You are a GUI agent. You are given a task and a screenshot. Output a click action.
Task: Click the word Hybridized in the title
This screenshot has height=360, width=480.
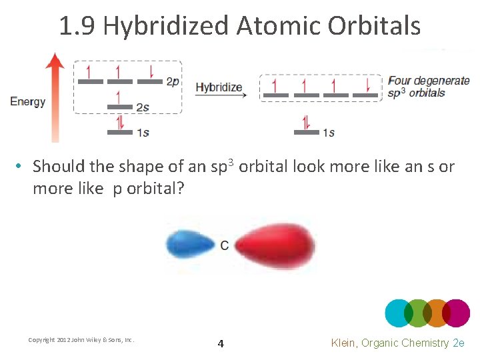166,26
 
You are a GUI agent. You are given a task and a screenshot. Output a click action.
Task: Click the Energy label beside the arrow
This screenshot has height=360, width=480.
27,102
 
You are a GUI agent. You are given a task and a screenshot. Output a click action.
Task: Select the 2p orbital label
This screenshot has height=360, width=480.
173,82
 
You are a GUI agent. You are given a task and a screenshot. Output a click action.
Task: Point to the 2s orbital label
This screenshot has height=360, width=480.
143,107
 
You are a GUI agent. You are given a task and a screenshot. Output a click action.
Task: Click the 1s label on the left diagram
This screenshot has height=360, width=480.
143,132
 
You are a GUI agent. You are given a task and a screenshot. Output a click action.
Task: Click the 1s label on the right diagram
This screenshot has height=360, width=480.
328,132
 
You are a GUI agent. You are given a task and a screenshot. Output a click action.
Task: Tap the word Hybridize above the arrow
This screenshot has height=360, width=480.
219,87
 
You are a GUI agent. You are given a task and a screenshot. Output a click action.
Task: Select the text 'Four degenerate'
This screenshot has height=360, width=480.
429,81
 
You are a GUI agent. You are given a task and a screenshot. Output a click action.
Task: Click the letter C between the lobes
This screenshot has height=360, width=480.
224,245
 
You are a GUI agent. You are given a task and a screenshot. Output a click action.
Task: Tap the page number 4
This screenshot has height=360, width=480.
221,344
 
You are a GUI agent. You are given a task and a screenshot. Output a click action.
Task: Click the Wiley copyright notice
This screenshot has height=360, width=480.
81,340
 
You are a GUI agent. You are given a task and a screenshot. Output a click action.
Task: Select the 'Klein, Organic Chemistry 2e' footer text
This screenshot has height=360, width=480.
397,343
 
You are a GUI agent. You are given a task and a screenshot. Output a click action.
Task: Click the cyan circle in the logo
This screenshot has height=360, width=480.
398,313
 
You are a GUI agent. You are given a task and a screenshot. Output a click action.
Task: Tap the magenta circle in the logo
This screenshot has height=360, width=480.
457,313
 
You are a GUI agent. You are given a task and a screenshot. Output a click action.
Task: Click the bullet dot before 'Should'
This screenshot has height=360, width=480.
21,167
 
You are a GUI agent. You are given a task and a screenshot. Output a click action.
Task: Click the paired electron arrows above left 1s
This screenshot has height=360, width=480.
120,122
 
